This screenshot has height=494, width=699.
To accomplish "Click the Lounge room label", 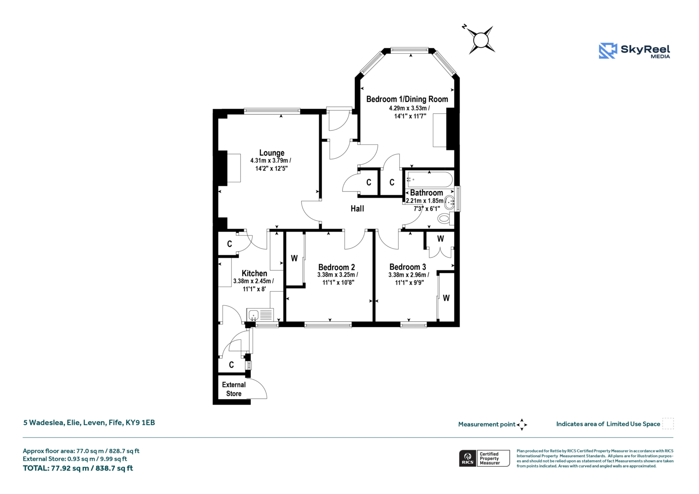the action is click(272, 153).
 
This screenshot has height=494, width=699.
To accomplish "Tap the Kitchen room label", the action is click(254, 274).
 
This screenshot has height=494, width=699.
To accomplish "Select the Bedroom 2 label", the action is click(337, 267).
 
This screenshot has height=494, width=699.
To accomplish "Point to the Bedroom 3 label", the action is click(408, 267).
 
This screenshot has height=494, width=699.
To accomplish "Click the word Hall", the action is click(357, 209).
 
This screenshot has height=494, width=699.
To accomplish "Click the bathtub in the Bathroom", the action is click(430, 180).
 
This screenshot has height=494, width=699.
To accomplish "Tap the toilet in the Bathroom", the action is click(445, 218).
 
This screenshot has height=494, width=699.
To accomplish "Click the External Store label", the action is click(234, 389).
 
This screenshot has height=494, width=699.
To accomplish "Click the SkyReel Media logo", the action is click(634, 51).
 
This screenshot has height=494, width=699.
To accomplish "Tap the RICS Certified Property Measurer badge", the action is click(484, 458).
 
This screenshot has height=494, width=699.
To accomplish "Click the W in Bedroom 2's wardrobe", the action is click(294, 258).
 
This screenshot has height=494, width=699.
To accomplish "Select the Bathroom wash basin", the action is click(449, 203).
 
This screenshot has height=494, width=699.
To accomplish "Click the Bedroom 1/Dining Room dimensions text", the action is click(410, 112).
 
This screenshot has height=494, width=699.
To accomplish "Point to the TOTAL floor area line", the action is click(78, 468).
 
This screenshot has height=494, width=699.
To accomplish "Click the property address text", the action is click(89, 422).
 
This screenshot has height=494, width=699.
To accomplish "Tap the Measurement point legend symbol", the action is click(522, 425).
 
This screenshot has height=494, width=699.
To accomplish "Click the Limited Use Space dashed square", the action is click(668, 423).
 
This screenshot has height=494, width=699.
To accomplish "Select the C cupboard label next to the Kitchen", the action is click(230, 244).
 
